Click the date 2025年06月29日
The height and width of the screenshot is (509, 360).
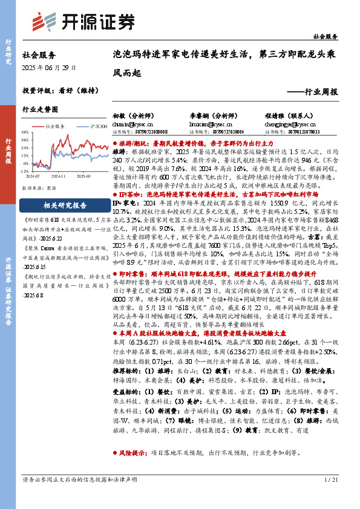coord(50,67)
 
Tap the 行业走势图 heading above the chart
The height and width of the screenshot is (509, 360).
coord(40,110)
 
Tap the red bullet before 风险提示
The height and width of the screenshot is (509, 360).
coord(115,469)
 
